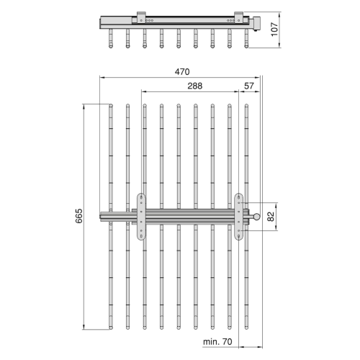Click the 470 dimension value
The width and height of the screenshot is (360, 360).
tap(182, 72)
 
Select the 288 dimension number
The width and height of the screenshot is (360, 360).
tap(195, 86)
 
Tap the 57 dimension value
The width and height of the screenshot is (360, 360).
tap(249, 86)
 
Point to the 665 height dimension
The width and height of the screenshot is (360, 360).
tap(79, 216)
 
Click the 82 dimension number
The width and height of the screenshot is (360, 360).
tap(271, 217)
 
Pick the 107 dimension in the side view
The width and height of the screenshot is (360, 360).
tap(274, 30)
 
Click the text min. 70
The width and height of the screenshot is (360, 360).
tap(217, 341)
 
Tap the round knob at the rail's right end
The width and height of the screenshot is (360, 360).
tap(257, 217)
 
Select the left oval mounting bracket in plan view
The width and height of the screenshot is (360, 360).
tap(141, 217)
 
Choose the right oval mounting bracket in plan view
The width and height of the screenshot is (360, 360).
tap(238, 217)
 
